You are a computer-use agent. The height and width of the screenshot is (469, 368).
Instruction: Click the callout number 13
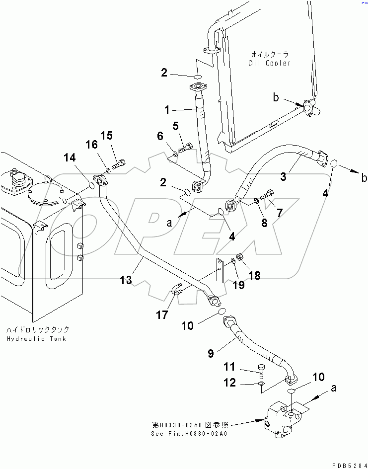(x=125, y=280)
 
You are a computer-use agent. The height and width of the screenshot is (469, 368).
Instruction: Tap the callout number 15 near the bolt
(x=107, y=136)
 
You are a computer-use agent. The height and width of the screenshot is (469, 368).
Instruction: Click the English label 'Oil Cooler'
(x=269, y=63)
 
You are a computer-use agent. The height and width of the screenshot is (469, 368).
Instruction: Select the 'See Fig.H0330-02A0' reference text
(x=189, y=434)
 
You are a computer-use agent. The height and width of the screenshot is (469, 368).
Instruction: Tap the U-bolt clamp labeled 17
(x=177, y=289)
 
